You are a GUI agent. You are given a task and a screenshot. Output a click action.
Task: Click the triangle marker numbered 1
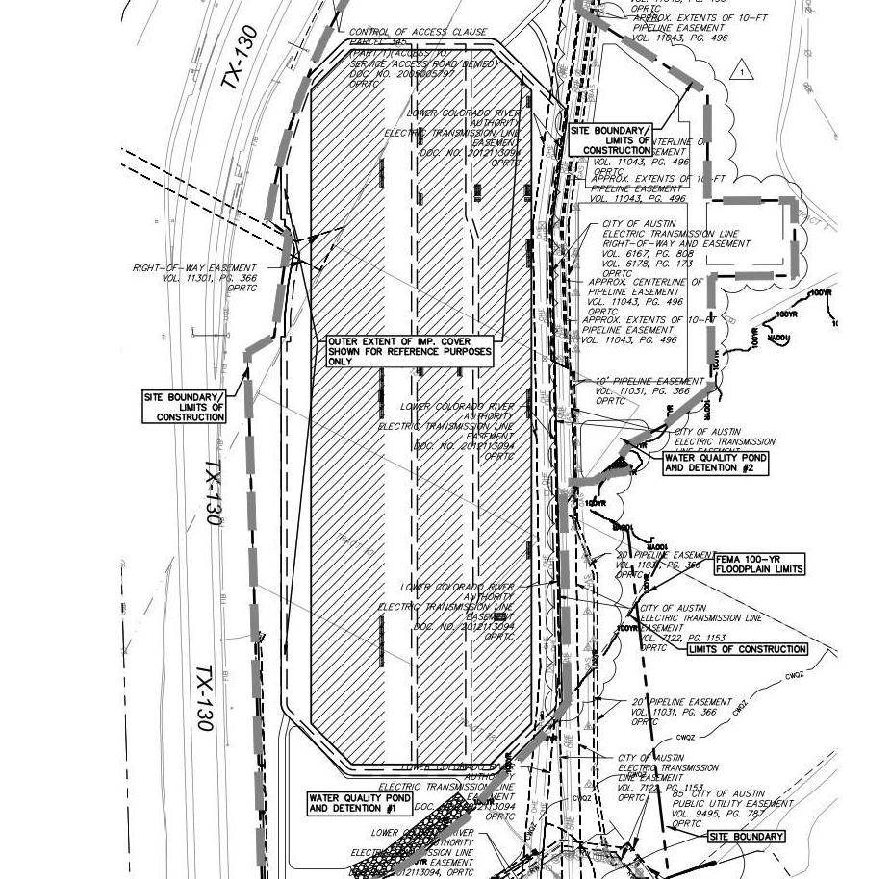(x=741, y=71)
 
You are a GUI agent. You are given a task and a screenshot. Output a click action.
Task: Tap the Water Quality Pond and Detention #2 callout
(x=715, y=463)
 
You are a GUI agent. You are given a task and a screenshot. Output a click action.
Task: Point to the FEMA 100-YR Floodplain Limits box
(x=759, y=564)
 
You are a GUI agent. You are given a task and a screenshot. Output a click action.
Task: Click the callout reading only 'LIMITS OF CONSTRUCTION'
(x=748, y=649)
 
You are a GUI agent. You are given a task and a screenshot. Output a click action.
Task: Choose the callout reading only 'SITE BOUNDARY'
(x=746, y=837)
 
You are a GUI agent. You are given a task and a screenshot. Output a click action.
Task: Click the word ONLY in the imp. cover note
(x=341, y=362)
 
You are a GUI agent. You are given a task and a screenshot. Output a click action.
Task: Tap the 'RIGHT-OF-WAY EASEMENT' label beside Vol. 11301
(x=195, y=268)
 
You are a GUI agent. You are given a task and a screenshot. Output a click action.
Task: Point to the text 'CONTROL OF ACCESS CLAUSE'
(x=418, y=33)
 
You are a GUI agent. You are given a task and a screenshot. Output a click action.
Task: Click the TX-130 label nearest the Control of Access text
(x=237, y=58)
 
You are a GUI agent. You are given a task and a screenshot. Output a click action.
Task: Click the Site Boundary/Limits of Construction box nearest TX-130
(x=185, y=407)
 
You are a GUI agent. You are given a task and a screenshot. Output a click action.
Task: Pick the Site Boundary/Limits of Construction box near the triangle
(x=610, y=140)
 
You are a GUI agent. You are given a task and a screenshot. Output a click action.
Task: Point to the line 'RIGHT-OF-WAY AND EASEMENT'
(x=675, y=243)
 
